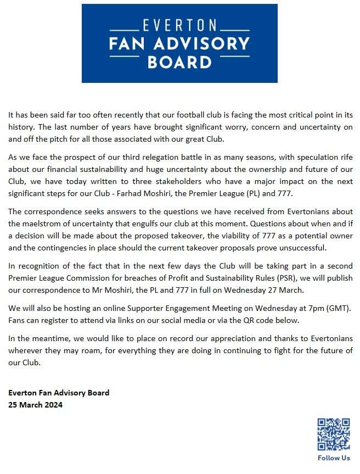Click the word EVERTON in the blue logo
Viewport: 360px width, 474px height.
[179, 25]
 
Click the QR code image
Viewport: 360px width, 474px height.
[333, 434]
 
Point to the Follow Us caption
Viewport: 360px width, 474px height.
[333, 458]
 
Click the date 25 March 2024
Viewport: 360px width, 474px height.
[35, 405]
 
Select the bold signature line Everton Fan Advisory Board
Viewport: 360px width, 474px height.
[59, 393]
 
